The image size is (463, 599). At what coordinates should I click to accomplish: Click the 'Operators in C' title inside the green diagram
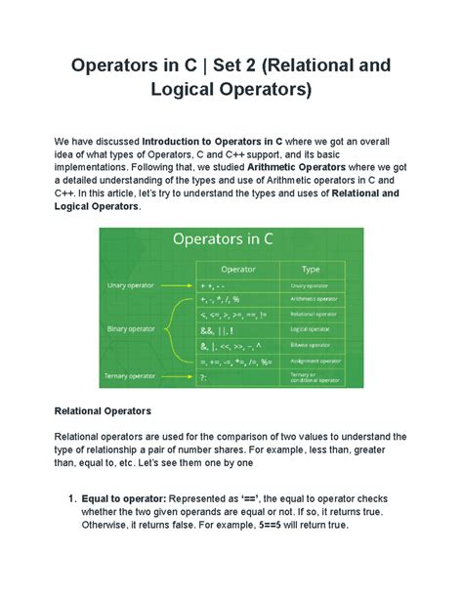tap(231, 239)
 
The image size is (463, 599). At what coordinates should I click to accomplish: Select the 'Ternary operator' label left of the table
tap(132, 375)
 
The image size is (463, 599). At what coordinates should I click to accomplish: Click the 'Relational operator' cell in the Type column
tap(314, 316)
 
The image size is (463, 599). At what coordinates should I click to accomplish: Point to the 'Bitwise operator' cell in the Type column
tap(313, 345)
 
